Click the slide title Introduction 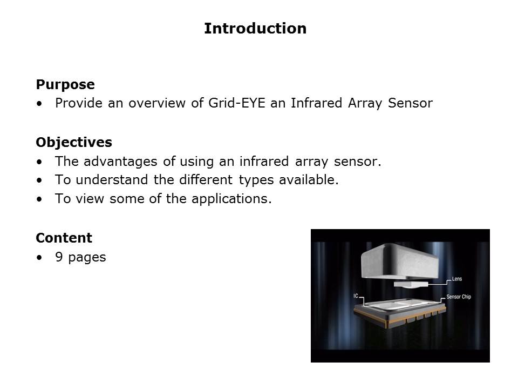[x=255, y=29]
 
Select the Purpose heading [x=65, y=85]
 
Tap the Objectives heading [x=74, y=143]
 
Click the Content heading [x=64, y=238]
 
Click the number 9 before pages [x=59, y=257]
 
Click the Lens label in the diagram [x=456, y=279]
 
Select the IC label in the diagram [x=356, y=296]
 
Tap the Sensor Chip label [x=459, y=297]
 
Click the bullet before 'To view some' [x=39, y=199]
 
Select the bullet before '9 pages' [x=39, y=258]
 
